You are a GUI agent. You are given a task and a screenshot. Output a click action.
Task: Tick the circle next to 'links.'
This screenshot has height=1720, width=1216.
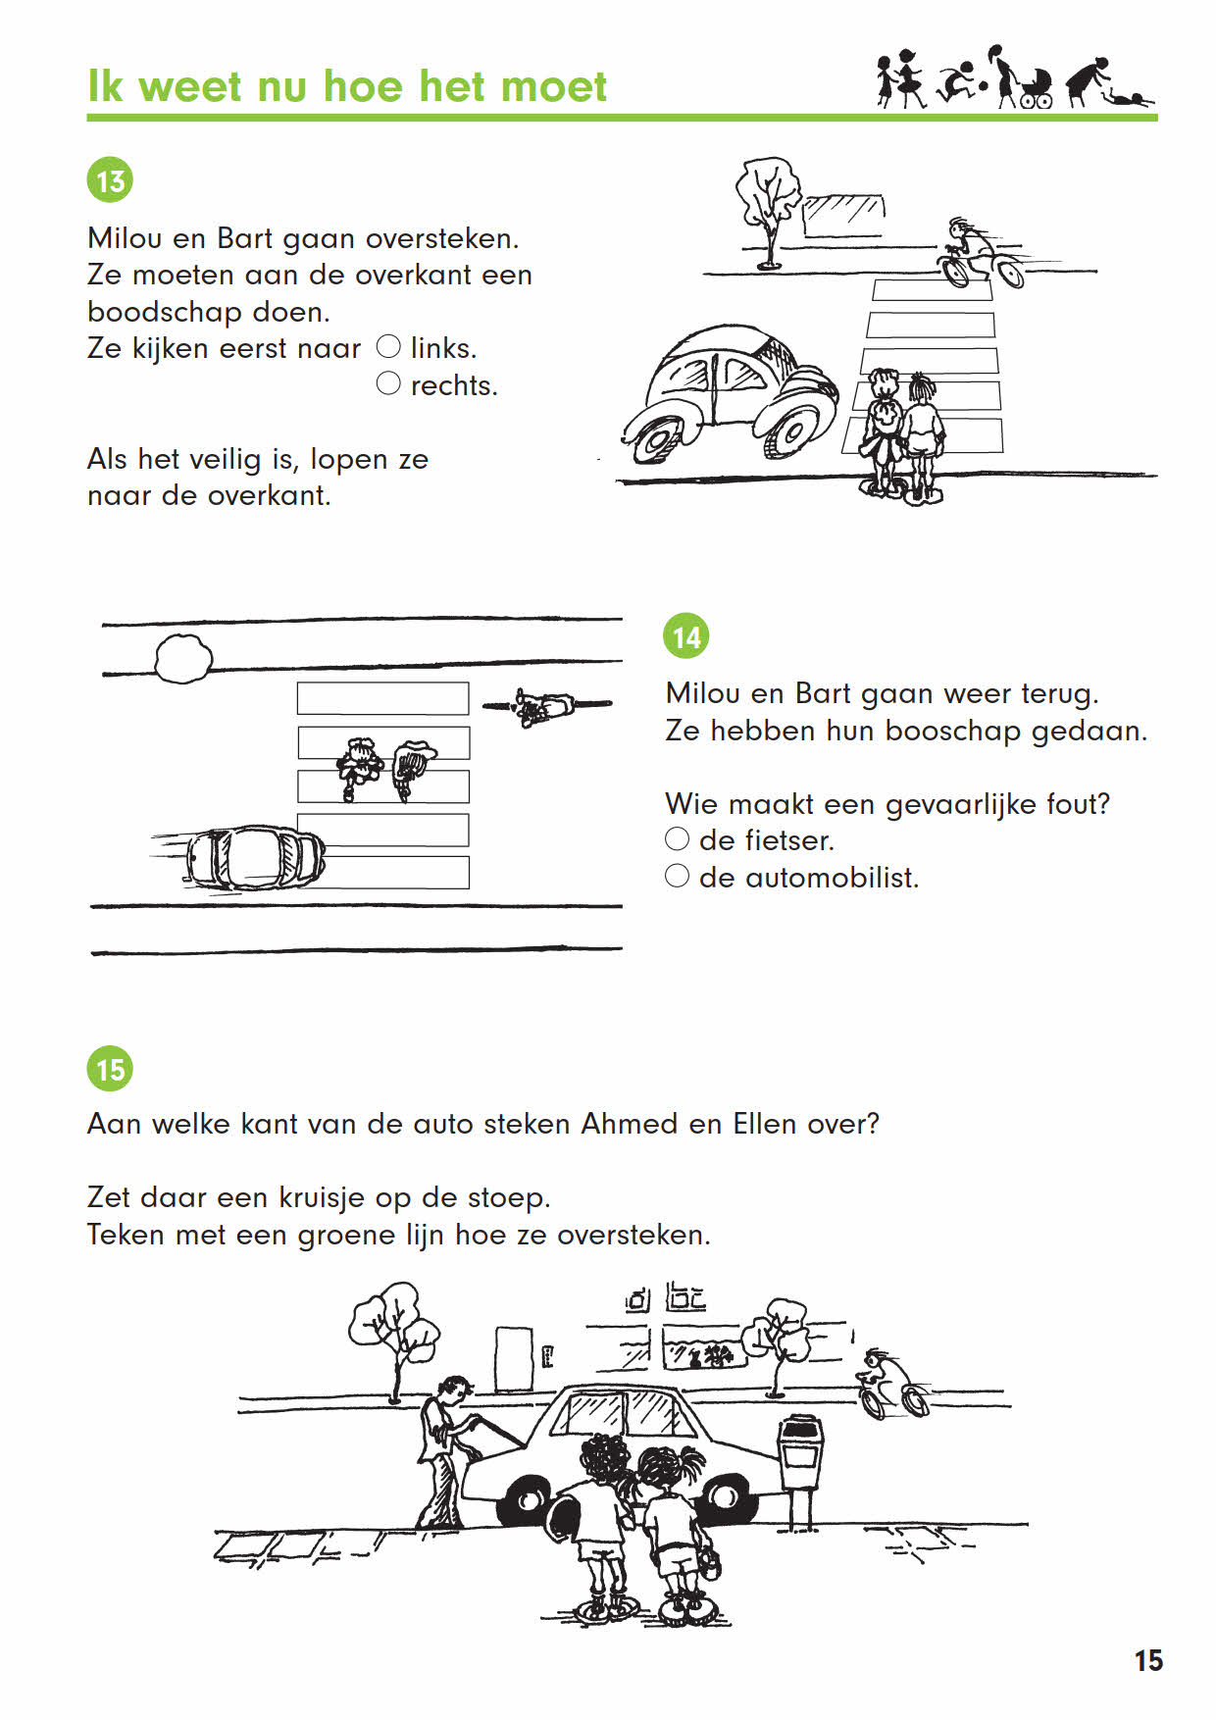click(x=389, y=346)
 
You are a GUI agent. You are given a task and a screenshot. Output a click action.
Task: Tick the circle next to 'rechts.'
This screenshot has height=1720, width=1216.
click(x=389, y=383)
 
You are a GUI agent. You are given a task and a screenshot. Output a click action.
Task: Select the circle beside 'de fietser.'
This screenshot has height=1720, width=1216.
click(x=678, y=838)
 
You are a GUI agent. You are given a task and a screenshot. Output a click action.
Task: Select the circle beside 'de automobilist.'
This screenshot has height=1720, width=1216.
click(x=678, y=876)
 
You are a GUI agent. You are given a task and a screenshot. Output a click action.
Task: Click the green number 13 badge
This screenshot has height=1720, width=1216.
click(x=110, y=180)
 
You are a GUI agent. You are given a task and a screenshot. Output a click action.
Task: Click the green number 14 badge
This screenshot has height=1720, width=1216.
click(x=686, y=636)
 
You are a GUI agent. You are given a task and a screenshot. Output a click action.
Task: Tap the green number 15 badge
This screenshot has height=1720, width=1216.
click(x=110, y=1068)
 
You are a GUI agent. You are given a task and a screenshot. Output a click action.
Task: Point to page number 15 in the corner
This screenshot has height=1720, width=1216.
click(x=1148, y=1660)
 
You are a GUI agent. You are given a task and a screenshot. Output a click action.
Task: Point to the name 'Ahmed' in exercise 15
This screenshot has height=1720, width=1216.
click(x=629, y=1123)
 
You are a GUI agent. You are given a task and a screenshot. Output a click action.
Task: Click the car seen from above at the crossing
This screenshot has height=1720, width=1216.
click(x=253, y=856)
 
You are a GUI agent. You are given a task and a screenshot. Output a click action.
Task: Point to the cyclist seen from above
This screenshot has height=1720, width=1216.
click(x=544, y=706)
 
